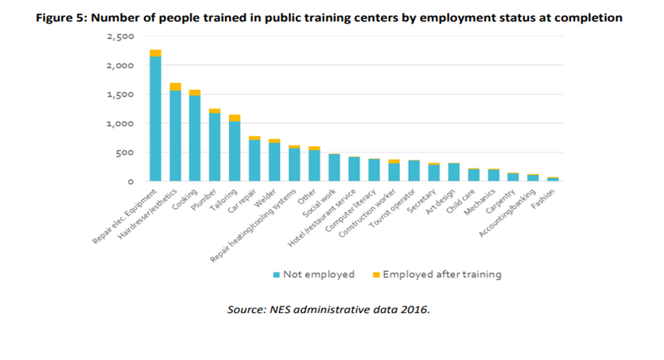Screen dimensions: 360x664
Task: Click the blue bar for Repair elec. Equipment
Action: coord(155,119)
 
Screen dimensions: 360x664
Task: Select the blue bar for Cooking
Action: coord(195,139)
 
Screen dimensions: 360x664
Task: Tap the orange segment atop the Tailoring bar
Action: coord(235,118)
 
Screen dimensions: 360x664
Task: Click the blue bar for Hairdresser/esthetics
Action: coord(175,136)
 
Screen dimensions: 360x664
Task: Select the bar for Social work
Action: coord(334,168)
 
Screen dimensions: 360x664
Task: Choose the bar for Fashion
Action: coord(553,179)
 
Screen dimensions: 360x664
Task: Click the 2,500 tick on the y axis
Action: coord(122,37)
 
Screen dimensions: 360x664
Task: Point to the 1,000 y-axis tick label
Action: coord(122,124)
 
